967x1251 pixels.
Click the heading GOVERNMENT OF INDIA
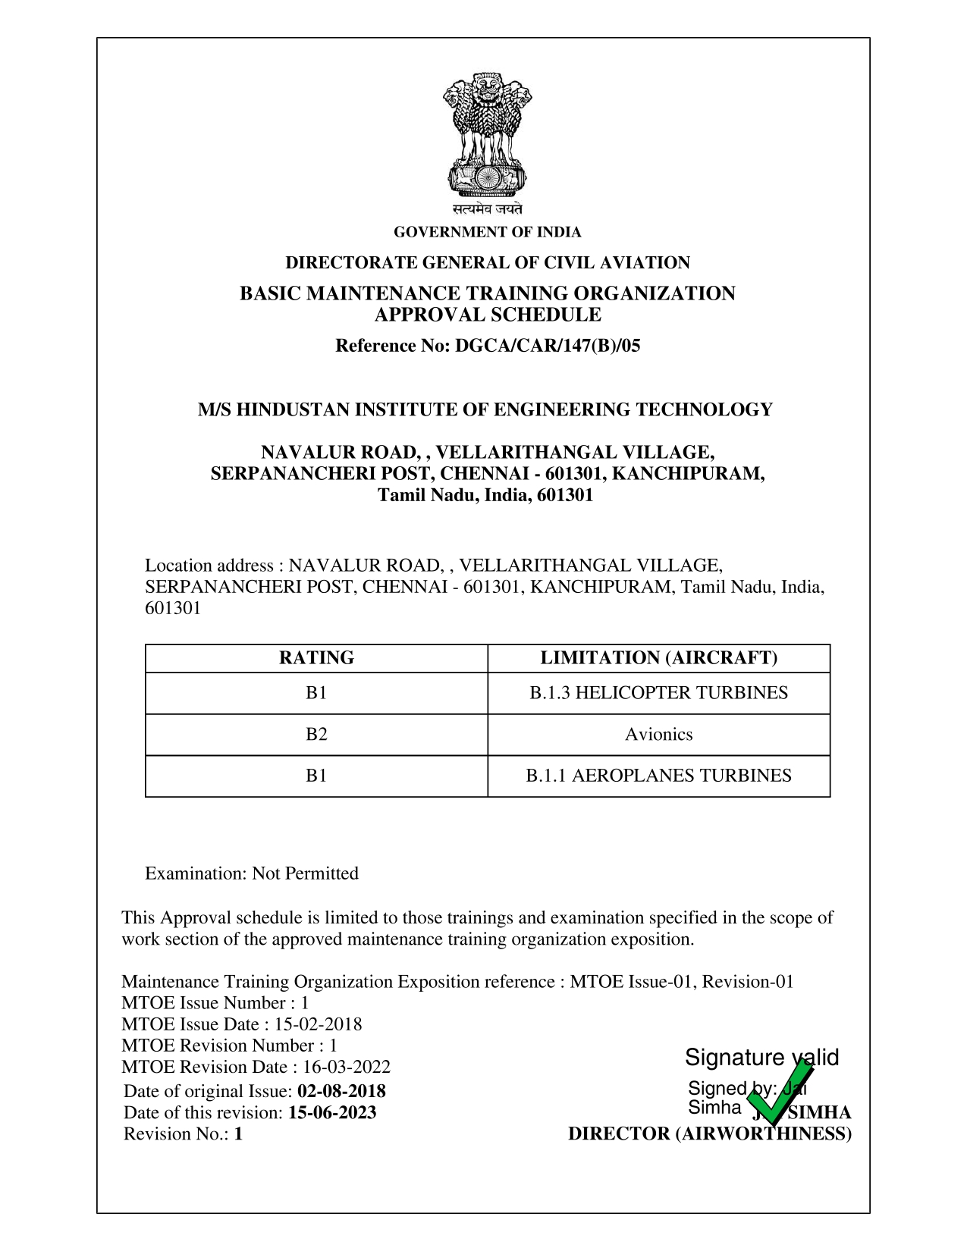click(x=487, y=232)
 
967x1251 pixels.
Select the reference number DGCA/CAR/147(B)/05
click(x=547, y=346)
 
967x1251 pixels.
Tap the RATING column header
click(x=316, y=658)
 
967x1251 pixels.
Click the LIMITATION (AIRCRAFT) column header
click(x=658, y=658)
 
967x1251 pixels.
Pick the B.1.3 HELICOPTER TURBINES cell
click(x=658, y=693)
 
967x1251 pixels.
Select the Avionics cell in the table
click(x=658, y=735)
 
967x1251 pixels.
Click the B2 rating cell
click(x=316, y=735)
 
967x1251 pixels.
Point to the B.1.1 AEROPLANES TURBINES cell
click(x=658, y=776)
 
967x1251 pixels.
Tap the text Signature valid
click(x=761, y=1058)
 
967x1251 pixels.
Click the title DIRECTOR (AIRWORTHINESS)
click(x=709, y=1134)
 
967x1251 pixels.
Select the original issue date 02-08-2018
click(x=341, y=1092)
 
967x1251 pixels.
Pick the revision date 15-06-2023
click(x=332, y=1113)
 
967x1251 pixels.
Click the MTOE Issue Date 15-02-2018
click(x=318, y=1025)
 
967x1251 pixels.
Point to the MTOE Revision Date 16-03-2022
click(x=347, y=1068)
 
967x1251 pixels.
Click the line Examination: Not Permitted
click(x=252, y=873)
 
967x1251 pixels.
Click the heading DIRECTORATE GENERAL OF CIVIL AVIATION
click(x=487, y=263)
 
